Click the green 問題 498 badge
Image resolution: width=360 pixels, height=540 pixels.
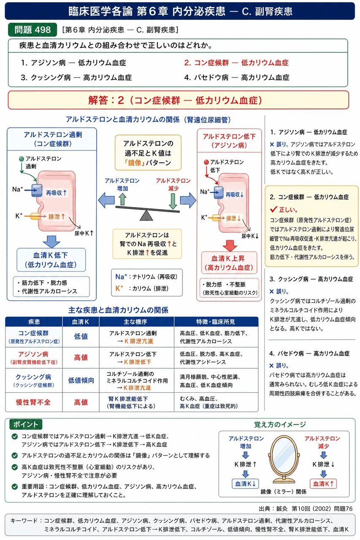point(32,30)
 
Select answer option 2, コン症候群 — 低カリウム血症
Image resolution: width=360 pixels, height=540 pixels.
point(236,63)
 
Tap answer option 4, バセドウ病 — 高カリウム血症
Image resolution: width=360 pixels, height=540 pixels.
point(236,77)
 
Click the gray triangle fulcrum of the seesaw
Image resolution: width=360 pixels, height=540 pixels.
point(146,215)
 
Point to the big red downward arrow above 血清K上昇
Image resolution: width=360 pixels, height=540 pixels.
point(230,246)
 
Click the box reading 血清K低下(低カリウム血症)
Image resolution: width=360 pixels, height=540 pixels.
point(51,260)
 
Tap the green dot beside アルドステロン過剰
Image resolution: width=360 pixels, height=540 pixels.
point(22,159)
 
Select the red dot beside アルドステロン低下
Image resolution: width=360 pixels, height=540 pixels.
point(206,162)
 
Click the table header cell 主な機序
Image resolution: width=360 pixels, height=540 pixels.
point(136,321)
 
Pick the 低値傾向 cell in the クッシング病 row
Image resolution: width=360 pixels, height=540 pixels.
point(81,381)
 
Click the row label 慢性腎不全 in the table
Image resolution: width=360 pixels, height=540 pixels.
point(33,402)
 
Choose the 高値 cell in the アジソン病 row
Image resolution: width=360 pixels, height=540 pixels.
point(81,357)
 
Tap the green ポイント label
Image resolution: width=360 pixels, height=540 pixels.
point(26,424)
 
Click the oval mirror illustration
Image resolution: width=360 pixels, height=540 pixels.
point(284,459)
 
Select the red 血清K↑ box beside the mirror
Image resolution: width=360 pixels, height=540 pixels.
point(323,483)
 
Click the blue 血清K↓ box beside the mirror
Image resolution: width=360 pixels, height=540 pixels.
point(245,483)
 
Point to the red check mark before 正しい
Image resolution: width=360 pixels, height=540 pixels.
point(273,209)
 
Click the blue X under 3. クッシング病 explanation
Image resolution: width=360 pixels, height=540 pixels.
point(272,292)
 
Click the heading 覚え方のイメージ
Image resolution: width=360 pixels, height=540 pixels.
point(280,424)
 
